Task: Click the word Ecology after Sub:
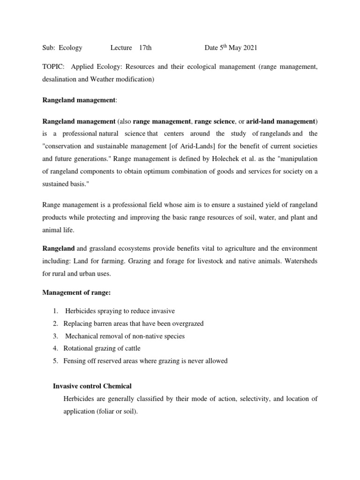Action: (71, 48)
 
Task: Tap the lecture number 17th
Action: (145, 48)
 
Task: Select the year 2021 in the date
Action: (248, 48)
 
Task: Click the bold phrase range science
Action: (216, 121)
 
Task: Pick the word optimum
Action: (150, 171)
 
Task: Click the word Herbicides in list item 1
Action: (81, 311)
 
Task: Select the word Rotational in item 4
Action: (78, 348)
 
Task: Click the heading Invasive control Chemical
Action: (93, 386)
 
